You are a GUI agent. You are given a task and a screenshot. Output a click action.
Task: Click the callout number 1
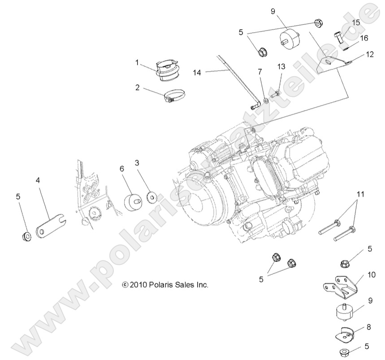138,63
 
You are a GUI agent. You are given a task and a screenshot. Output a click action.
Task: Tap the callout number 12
369,54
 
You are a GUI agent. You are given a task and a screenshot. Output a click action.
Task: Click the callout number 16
363,38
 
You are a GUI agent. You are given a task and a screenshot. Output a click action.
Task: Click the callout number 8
368,327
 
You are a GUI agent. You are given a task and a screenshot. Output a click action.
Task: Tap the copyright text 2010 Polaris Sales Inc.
165,284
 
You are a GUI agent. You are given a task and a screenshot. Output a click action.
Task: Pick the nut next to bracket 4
26,235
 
